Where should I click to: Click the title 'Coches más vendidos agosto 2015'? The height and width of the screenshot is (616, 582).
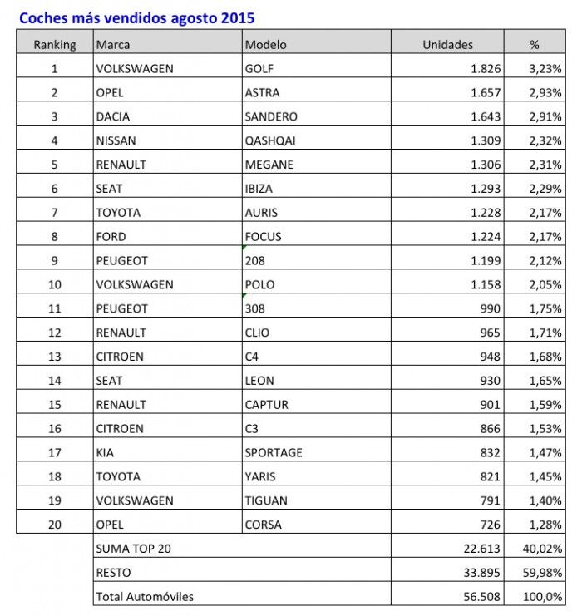coord(136,17)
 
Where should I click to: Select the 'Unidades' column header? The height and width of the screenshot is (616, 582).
coord(447,44)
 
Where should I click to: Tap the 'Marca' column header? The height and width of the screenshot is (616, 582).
coord(113,44)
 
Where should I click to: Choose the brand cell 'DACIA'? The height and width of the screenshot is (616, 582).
coord(113,116)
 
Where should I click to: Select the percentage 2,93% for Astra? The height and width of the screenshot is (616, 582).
coord(545,92)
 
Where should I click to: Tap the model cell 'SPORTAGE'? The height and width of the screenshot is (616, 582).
coord(274,452)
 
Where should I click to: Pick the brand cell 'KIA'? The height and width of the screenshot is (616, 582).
coord(106,452)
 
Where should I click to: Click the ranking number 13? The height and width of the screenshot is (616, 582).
coord(55,357)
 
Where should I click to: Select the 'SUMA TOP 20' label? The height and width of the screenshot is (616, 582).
coord(134,548)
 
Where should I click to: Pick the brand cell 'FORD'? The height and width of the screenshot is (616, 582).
coord(111,236)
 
